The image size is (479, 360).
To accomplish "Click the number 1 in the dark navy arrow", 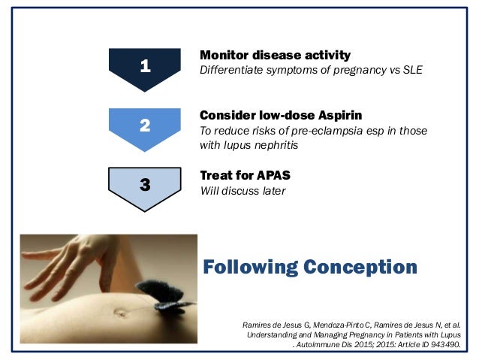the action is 146,65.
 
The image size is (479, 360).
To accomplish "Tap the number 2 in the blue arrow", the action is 145,126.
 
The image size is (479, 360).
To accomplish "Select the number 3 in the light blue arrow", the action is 145,185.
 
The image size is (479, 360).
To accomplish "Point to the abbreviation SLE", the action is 413,70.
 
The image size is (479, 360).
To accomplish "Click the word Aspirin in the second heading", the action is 340,116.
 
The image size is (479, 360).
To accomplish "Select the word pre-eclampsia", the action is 327,131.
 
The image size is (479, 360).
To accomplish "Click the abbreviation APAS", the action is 273,176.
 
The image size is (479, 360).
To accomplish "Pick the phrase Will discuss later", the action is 243,191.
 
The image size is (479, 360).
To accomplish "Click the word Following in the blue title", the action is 251,268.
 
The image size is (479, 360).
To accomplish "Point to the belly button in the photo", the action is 120,313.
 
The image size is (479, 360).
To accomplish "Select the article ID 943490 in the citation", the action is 445,344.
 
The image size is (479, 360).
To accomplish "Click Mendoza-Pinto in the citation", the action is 338,325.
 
